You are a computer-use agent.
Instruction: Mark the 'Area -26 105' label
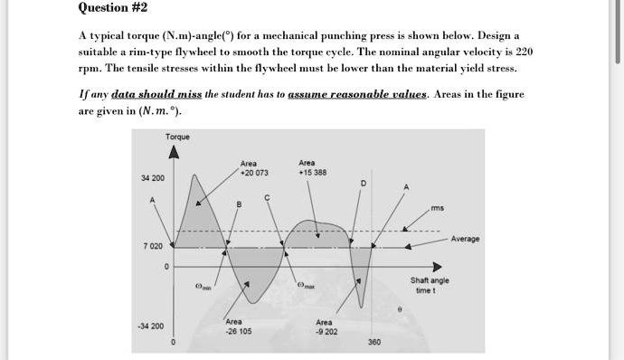click(x=234, y=327)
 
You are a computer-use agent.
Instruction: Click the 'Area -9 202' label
click(x=326, y=327)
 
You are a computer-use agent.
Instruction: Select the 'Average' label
click(x=465, y=239)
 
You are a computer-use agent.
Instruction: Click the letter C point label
click(x=266, y=197)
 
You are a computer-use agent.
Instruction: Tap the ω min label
click(x=204, y=287)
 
